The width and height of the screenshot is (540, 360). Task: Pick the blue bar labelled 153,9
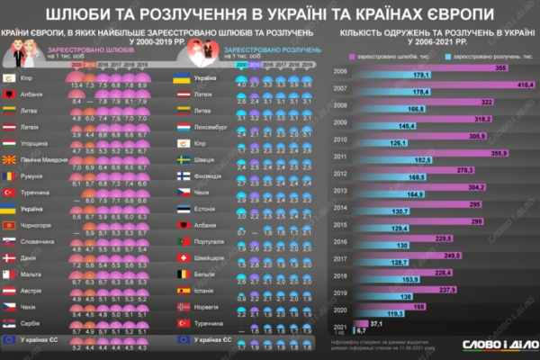377,280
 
